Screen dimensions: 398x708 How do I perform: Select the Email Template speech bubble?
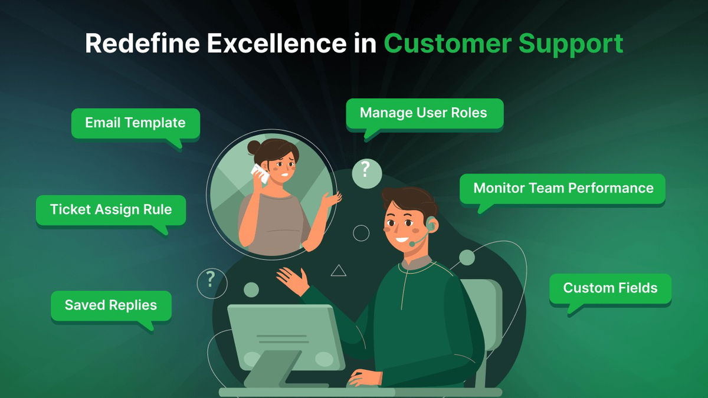[135, 123]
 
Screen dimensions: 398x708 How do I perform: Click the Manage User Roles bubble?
[424, 113]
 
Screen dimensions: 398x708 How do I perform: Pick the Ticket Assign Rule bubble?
[111, 209]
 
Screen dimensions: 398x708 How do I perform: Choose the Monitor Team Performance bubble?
[563, 188]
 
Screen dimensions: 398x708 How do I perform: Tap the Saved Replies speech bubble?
[111, 305]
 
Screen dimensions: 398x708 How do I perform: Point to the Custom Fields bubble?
[610, 288]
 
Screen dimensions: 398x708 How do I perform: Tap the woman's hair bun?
[254, 147]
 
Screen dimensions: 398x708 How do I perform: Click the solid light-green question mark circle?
[366, 172]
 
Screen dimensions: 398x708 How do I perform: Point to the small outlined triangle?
[338, 271]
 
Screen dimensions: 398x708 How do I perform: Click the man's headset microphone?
[414, 242]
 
